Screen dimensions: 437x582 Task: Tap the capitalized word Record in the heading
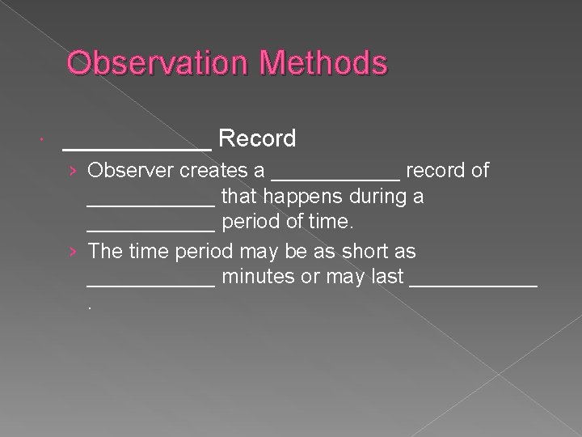pos(257,139)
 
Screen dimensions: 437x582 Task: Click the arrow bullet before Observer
pos(74,171)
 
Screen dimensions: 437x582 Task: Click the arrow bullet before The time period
pos(74,251)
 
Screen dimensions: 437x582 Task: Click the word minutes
pos(256,277)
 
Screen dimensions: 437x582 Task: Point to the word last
pos(389,277)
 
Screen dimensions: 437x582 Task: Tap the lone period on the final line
pos(89,309)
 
